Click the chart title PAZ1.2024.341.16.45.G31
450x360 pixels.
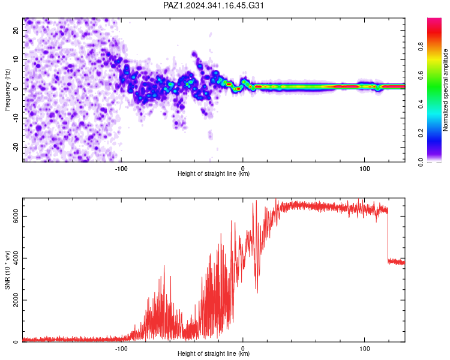point(213,5)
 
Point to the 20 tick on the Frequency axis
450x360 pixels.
point(16,30)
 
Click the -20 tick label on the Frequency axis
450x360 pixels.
point(16,147)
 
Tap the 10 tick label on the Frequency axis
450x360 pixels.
point(16,59)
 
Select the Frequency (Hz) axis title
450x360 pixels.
point(7,89)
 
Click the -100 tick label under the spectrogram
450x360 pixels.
point(121,169)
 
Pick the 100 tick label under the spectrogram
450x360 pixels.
point(364,169)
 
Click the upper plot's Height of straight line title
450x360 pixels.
point(214,173)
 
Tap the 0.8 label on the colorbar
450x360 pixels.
point(421,47)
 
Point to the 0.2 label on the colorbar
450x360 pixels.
point(421,133)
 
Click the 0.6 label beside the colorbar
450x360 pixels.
point(421,76)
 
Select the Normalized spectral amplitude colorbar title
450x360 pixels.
point(445,90)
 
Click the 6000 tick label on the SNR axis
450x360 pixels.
point(16,216)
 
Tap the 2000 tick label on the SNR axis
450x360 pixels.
point(16,300)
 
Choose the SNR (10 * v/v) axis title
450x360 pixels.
point(7,270)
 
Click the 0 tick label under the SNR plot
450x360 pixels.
point(243,349)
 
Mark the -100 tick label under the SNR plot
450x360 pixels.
point(121,349)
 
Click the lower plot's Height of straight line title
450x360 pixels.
point(214,353)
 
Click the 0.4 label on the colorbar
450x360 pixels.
point(421,104)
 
